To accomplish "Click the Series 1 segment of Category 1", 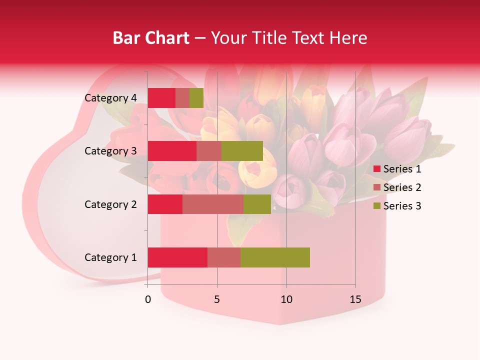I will tap(177, 257).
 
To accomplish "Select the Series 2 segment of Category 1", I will tap(224, 257).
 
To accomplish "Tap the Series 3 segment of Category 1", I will tap(275, 257).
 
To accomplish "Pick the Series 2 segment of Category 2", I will tap(213, 204).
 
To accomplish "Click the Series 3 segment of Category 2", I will tap(257, 204).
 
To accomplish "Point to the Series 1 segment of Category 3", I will tap(172, 151).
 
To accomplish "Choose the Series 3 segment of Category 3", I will tap(242, 151).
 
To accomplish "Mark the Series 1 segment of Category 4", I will tap(161, 98).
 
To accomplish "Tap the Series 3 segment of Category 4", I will tap(196, 98).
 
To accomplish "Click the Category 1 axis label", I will tap(110, 257).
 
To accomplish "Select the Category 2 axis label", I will tap(110, 204).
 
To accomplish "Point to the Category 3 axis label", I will tap(110, 151).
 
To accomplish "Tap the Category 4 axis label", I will tap(110, 98).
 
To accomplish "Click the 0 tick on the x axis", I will tap(148, 299).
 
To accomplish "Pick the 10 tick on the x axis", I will tap(286, 299).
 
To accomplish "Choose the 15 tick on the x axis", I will tap(355, 299).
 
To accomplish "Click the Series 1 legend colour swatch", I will tap(377, 169).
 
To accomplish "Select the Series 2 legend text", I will tap(402, 187).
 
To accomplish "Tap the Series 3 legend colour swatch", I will tap(377, 206).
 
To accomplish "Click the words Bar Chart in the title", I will tap(150, 37).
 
